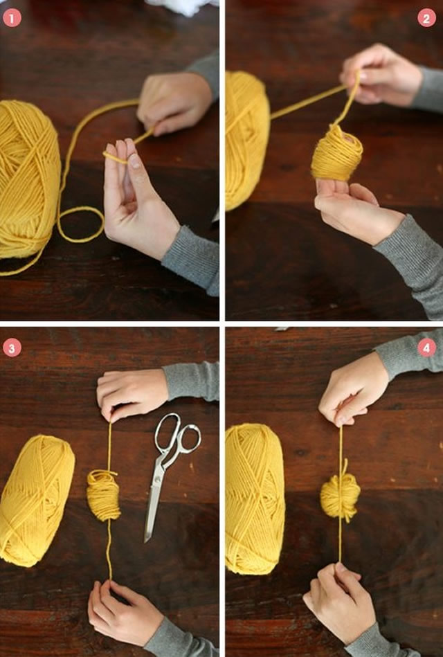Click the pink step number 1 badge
coord(12,18)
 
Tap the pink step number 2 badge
coord(426,18)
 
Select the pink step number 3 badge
coord(12,348)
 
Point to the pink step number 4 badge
coord(426,348)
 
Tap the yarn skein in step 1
coord(28,180)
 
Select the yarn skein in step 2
coord(247,141)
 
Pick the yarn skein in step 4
coord(255,498)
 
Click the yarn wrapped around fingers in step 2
coord(336,154)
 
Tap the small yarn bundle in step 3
coord(103,494)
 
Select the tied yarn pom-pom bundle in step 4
coord(341,496)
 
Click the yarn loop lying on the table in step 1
coord(80,224)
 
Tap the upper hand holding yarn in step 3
coord(132,394)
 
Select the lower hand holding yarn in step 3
coord(122,612)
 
